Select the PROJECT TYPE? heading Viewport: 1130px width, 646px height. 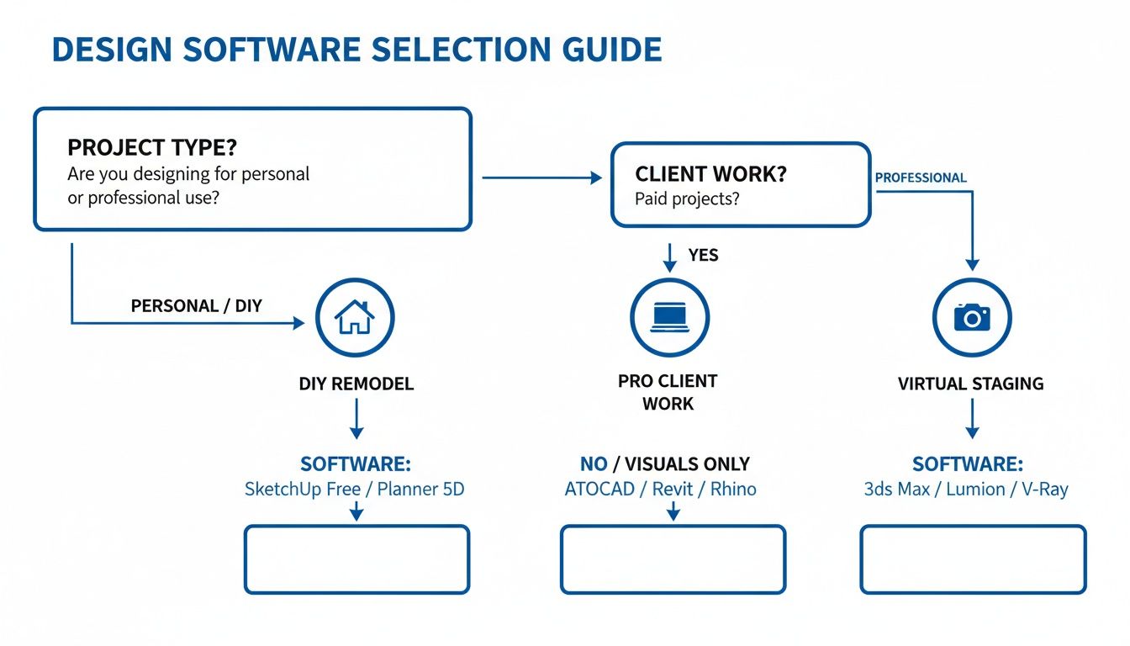pyautogui.click(x=152, y=147)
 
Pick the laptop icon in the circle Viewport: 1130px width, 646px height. pyautogui.click(x=670, y=318)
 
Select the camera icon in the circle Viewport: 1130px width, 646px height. pyautogui.click(x=972, y=318)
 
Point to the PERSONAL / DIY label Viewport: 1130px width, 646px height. pyautogui.click(x=196, y=305)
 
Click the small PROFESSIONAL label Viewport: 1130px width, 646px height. pyautogui.click(x=921, y=178)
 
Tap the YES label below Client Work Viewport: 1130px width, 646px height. pyautogui.click(x=703, y=255)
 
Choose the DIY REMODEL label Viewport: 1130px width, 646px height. pyautogui.click(x=356, y=384)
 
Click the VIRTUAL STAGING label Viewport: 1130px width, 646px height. pyautogui.click(x=971, y=384)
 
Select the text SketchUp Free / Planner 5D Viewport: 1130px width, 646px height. pyautogui.click(x=354, y=489)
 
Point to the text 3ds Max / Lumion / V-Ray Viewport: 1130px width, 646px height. pyautogui.click(x=966, y=489)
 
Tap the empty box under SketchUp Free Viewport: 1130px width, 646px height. pyautogui.click(x=356, y=559)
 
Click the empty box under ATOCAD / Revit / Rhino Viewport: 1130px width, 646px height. pyautogui.click(x=673, y=559)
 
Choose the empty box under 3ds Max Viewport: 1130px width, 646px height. pyautogui.click(x=973, y=559)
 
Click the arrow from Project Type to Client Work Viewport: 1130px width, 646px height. pyautogui.click(x=542, y=177)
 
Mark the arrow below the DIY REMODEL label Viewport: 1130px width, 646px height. pyautogui.click(x=356, y=419)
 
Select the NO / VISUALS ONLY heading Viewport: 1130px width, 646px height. pyautogui.click(x=664, y=464)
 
